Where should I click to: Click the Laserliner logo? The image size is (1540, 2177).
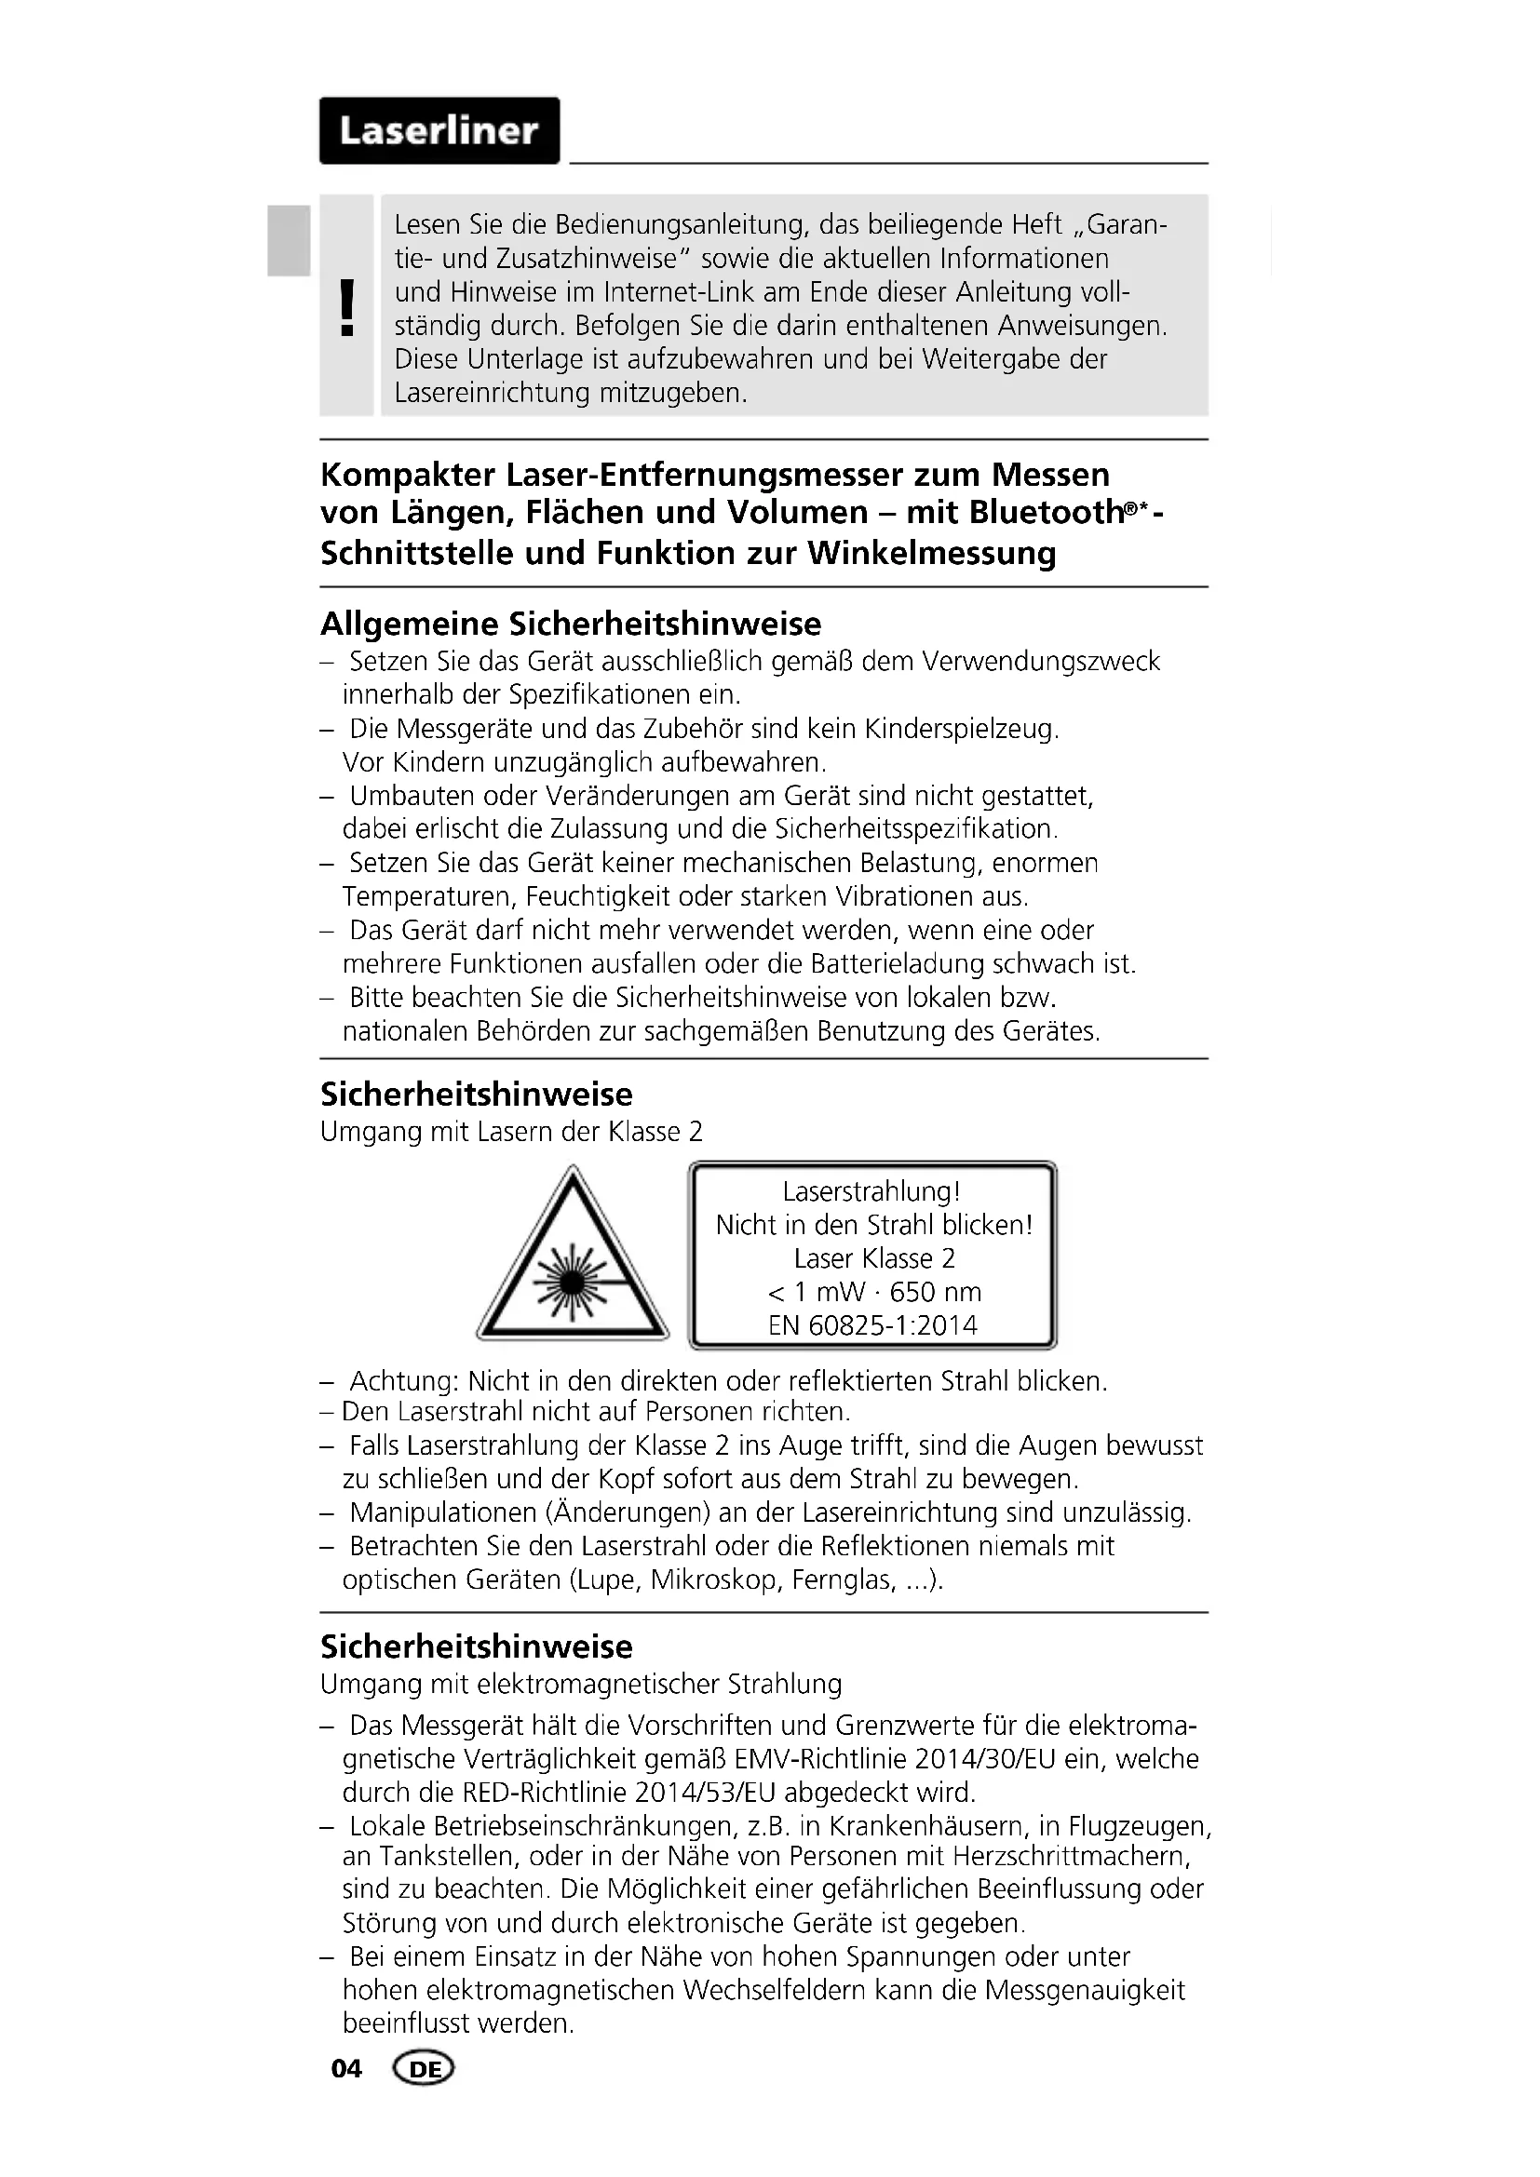point(439,131)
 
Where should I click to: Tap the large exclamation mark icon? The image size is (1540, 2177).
point(347,308)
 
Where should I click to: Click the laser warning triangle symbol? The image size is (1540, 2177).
point(572,1258)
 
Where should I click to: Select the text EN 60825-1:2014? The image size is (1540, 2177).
point(872,1325)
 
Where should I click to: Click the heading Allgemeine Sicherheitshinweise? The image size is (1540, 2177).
point(571,624)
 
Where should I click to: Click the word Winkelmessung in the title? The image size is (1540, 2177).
point(931,553)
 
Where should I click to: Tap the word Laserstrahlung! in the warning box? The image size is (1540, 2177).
point(871,1192)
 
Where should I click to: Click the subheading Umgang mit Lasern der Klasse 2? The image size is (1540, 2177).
point(511,1132)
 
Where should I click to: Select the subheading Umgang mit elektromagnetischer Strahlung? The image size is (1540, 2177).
point(580,1684)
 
